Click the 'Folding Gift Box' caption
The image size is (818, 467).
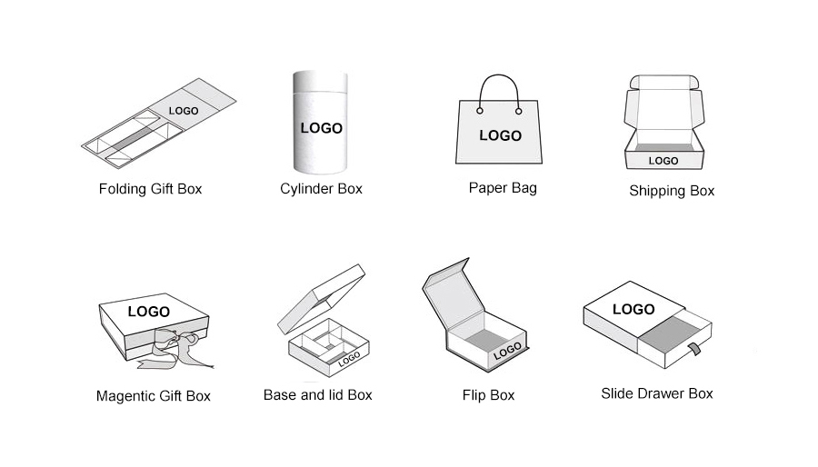(x=150, y=189)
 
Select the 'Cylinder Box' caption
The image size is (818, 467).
(x=321, y=189)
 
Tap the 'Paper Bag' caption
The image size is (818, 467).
(x=503, y=188)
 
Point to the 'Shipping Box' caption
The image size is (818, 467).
(x=672, y=191)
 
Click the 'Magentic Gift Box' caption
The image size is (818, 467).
(x=153, y=396)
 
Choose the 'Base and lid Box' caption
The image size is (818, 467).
(x=317, y=395)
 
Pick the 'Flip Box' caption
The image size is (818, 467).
(x=488, y=395)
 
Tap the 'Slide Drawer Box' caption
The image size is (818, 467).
(x=657, y=393)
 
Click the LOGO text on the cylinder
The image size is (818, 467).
(x=322, y=128)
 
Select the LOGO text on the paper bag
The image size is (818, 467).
(x=500, y=135)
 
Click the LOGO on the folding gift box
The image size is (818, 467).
(x=184, y=111)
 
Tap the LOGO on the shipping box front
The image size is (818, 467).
(x=663, y=161)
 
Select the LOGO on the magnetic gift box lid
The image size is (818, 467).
(x=148, y=312)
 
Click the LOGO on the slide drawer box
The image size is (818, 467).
(x=633, y=309)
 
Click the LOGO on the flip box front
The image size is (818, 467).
(x=507, y=350)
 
